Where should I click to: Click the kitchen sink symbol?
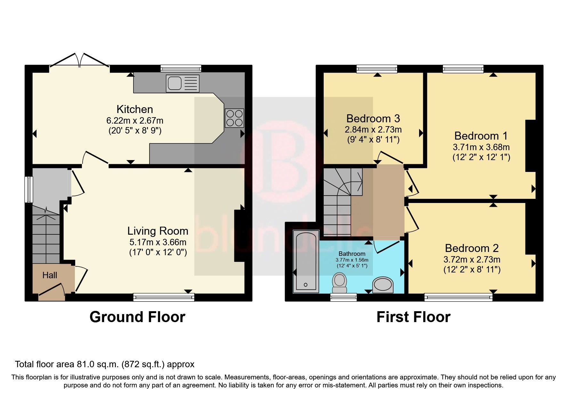click(x=182, y=83)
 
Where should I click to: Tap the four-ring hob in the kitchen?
click(x=234, y=118)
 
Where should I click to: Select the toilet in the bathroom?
click(x=339, y=283)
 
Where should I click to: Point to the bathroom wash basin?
click(x=383, y=285)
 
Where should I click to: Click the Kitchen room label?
click(x=134, y=109)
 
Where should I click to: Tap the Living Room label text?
click(x=158, y=231)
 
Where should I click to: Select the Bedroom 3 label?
click(x=373, y=119)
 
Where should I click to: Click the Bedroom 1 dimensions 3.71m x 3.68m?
click(x=481, y=147)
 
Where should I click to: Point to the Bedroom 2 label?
click(x=472, y=248)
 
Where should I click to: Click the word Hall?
click(x=50, y=275)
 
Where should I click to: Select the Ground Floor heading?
click(x=137, y=317)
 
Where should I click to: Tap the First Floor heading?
click(x=413, y=317)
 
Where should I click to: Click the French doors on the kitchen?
click(x=79, y=61)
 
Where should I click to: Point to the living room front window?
click(x=164, y=297)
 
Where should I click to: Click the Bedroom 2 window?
click(x=458, y=297)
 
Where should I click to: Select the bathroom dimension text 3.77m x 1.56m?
click(x=352, y=260)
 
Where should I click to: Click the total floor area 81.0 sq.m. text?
click(x=104, y=364)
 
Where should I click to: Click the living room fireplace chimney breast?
click(x=239, y=236)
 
